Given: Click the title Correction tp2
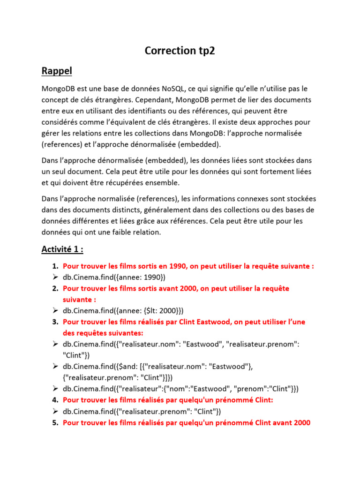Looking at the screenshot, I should click(180, 51).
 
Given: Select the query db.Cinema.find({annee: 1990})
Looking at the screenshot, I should click(114, 277).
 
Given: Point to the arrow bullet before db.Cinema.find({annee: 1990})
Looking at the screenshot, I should click(54, 277).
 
